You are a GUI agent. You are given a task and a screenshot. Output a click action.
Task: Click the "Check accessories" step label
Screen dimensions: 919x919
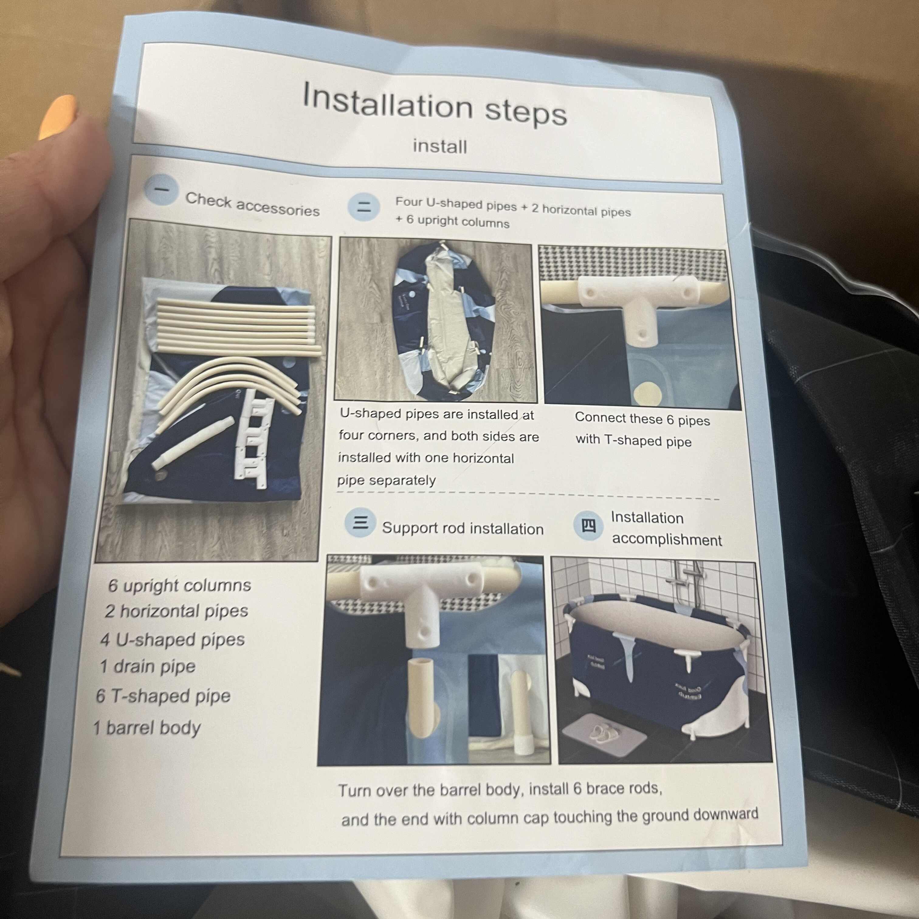pyautogui.click(x=252, y=204)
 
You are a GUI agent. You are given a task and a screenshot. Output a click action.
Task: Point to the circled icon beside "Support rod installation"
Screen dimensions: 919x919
pyautogui.click(x=360, y=522)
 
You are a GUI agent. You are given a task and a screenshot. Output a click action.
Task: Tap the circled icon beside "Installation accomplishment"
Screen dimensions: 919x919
pyautogui.click(x=588, y=525)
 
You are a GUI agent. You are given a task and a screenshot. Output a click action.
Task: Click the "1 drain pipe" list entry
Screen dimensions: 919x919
pyautogui.click(x=147, y=667)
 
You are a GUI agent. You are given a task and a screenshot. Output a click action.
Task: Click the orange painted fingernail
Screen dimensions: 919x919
pyautogui.click(x=57, y=117)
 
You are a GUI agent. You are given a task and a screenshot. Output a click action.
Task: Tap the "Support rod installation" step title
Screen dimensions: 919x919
pyautogui.click(x=462, y=528)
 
